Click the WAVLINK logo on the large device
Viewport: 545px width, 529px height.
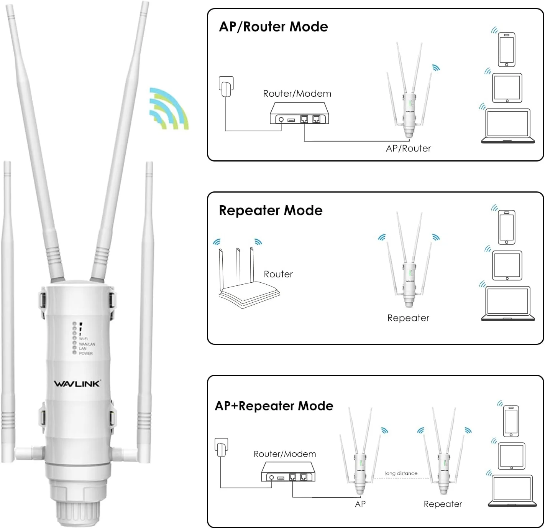coord(77,383)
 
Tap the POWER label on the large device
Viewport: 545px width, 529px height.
coord(86,353)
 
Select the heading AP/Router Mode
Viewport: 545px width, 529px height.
coord(273,27)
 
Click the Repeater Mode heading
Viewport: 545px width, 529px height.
coord(271,211)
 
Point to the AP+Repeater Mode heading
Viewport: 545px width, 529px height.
coord(274,406)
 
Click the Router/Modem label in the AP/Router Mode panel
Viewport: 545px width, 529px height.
coord(297,94)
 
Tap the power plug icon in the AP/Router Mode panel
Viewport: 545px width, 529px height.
coord(226,87)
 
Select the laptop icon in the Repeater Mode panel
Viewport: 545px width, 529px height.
coord(508,303)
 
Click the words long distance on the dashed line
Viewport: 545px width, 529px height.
coord(401,473)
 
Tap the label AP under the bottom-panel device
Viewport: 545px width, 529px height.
coord(360,504)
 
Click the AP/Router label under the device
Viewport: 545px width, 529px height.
coord(408,148)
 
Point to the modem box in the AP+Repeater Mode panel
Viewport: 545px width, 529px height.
coord(288,472)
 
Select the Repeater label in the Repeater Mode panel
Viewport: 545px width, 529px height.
coord(408,318)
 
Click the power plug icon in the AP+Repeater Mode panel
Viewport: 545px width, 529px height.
coord(222,448)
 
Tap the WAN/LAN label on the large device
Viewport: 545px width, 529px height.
coord(87,344)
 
